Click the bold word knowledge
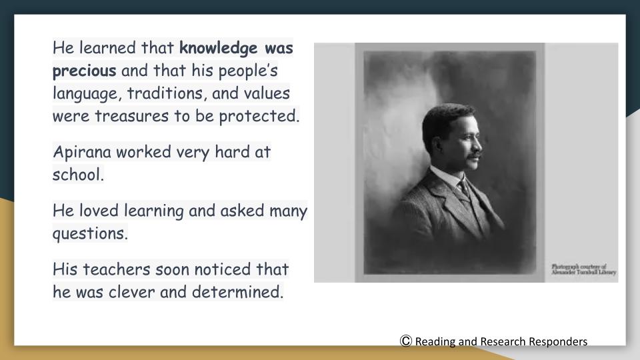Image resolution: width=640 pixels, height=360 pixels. coord(219,49)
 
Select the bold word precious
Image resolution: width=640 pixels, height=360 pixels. coord(85,71)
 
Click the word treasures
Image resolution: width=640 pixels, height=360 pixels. coord(132,116)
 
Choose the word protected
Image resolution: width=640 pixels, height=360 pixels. coord(259,116)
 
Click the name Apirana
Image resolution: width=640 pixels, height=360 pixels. coord(82,152)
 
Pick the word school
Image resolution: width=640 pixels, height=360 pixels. coord(78,175)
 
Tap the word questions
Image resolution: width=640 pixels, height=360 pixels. coord(90,234)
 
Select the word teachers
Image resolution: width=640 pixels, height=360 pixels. coord(117,269)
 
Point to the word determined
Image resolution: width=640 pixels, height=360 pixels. coord(237,292)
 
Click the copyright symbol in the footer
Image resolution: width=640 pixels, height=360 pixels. coord(406,341)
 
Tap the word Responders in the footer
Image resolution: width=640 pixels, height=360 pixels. coord(558,341)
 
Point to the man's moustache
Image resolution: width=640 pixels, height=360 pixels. coord(473,156)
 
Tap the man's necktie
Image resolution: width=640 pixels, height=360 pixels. coord(465,188)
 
